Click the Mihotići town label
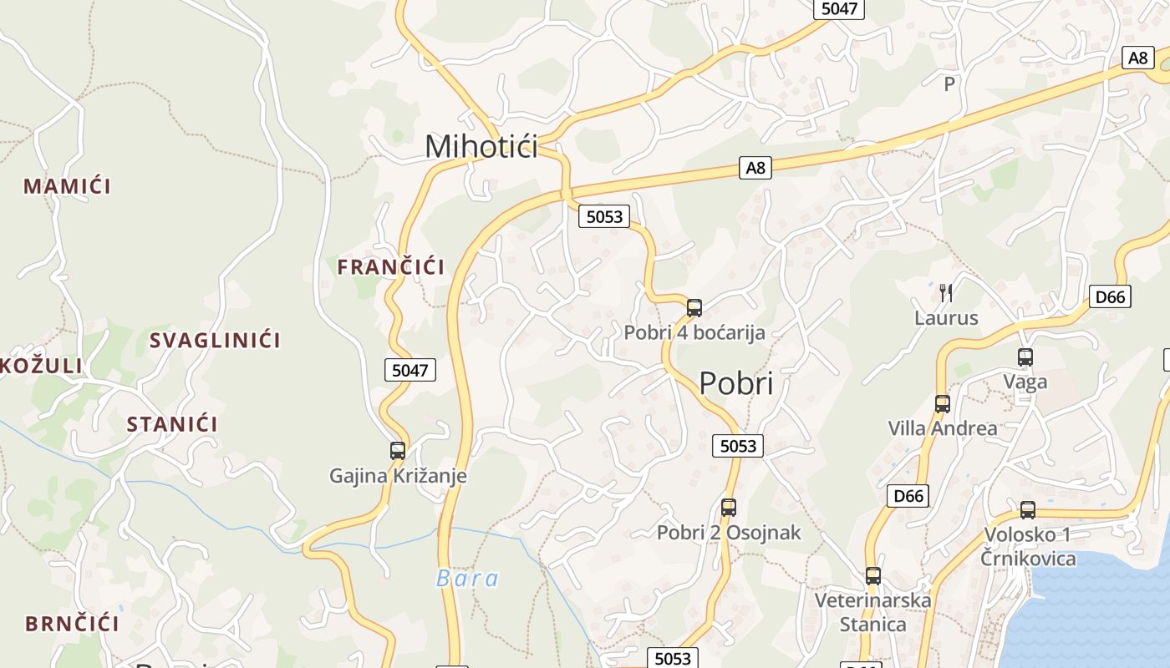[481, 146]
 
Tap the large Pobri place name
[735, 383]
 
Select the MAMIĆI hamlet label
[67, 186]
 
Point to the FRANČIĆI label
[390, 267]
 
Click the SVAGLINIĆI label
[215, 341]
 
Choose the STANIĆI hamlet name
[172, 424]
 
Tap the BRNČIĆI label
[72, 624]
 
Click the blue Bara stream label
[467, 579]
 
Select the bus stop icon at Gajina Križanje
[398, 451]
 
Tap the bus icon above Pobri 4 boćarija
[694, 307]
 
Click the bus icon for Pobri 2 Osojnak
[729, 507]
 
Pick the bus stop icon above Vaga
[1025, 357]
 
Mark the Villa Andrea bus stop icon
[943, 404]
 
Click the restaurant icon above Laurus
[946, 292]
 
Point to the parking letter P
[949, 84]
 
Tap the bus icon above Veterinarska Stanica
[873, 575]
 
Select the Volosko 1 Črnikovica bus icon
[1028, 509]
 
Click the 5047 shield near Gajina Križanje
[410, 369]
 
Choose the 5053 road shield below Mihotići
[604, 216]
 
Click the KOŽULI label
[42, 366]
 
